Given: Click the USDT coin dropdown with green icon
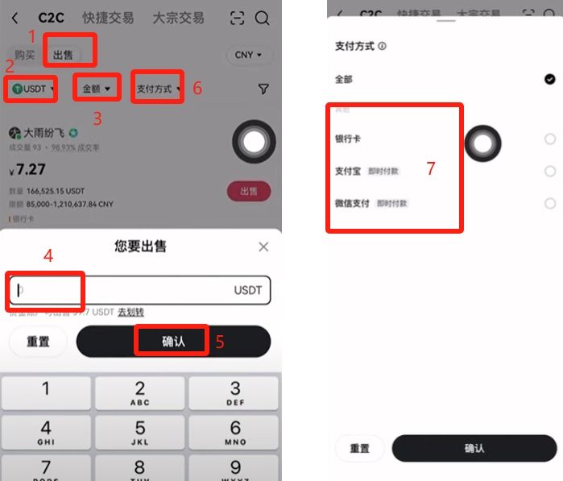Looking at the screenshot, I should [x=32, y=88].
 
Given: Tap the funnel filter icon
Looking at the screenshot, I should [x=263, y=89].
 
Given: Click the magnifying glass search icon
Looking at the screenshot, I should [x=262, y=18].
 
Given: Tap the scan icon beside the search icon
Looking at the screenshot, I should [x=237, y=18].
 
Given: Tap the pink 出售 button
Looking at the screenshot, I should [x=249, y=191].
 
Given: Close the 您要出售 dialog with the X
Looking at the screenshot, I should [x=263, y=247].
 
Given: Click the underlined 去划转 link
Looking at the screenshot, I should [x=131, y=312].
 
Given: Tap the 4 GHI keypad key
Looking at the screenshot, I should [x=46, y=432].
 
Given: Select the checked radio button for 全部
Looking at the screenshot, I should [x=549, y=79].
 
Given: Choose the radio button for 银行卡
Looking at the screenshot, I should [x=549, y=139].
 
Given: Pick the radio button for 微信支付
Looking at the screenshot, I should [x=549, y=203].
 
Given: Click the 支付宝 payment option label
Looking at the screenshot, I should [x=348, y=171].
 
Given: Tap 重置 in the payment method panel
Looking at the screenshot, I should [x=359, y=449].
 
